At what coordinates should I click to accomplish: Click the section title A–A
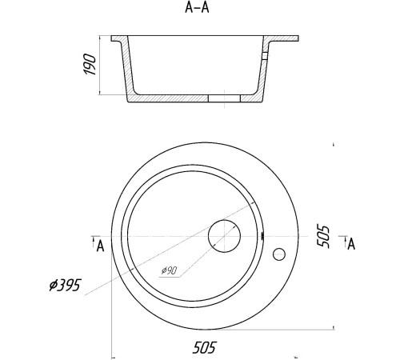pos(197,8)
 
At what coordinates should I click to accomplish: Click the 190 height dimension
pos(90,64)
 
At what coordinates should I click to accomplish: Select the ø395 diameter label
pos(65,286)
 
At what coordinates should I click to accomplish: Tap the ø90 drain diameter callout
pos(169,270)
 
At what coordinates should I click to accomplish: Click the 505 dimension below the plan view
pos(204,348)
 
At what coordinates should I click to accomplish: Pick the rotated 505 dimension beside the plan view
pos(323,237)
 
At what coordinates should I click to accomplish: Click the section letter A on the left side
pos(100,246)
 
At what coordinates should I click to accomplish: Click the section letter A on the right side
pos(351,244)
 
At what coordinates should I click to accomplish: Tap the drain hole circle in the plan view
pos(224,236)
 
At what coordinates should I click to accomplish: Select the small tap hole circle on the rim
pos(279,254)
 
